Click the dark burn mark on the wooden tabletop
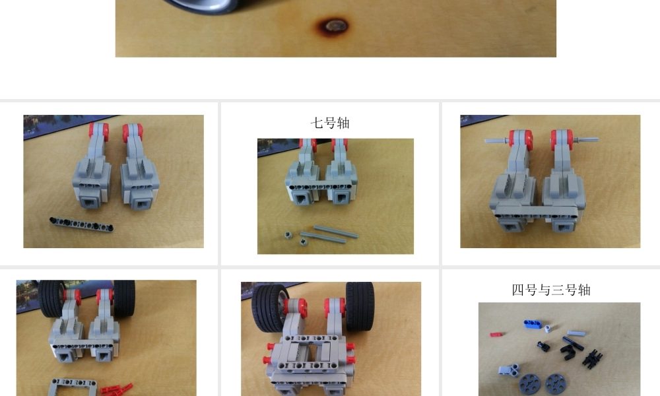(333, 26)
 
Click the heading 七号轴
(330, 123)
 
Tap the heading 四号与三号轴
(551, 290)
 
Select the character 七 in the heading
(317, 123)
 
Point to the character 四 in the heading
(517, 290)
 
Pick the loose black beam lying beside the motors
(81, 224)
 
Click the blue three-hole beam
(533, 324)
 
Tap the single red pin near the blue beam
(496, 335)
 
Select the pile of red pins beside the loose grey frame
(117, 389)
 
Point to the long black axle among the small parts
(573, 343)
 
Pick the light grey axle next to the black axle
(576, 333)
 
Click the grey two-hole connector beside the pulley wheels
(510, 370)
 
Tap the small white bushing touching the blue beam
(547, 329)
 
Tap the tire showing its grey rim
(270, 308)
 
